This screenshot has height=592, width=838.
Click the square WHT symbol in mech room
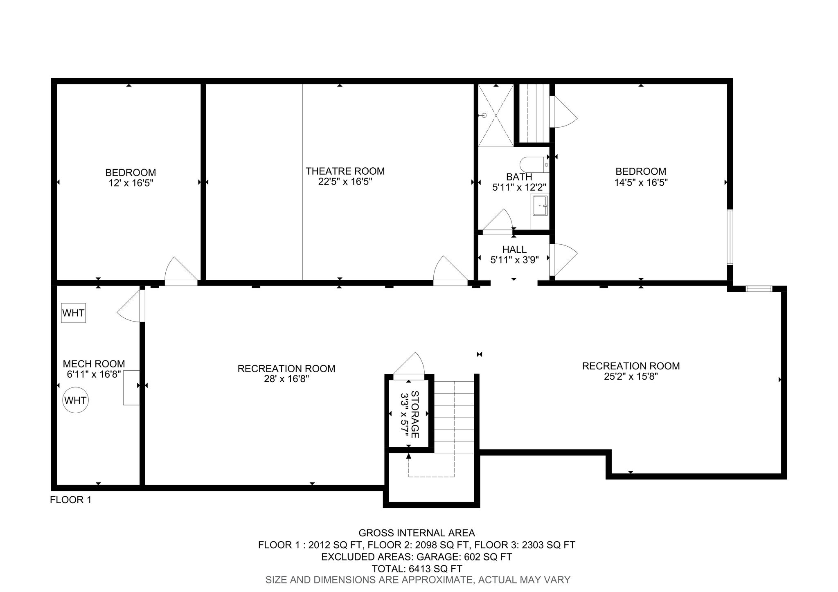74,313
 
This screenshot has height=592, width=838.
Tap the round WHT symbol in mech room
76,400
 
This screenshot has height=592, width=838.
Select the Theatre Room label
345,171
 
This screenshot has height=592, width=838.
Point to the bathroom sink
541,205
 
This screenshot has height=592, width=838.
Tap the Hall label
514,250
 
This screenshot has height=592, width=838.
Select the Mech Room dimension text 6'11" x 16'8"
94,374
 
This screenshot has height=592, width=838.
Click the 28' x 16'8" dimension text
286,379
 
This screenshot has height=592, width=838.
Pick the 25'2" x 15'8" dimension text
631,376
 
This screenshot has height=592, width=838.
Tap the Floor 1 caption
70,500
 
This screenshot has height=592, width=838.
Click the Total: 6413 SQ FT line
417,569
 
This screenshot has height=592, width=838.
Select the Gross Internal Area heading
417,533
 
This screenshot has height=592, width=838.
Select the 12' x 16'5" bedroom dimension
131,183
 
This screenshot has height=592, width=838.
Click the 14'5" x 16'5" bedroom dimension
641,182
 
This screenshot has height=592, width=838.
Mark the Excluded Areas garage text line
417,557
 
